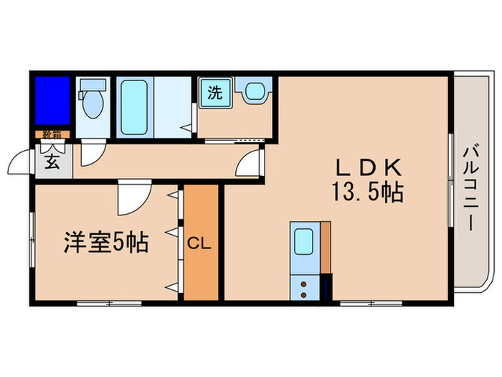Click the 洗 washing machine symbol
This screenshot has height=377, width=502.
point(214,93)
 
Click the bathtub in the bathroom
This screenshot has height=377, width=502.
point(134,106)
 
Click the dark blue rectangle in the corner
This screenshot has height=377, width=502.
point(52,100)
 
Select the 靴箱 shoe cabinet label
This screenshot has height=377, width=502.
point(51,134)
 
